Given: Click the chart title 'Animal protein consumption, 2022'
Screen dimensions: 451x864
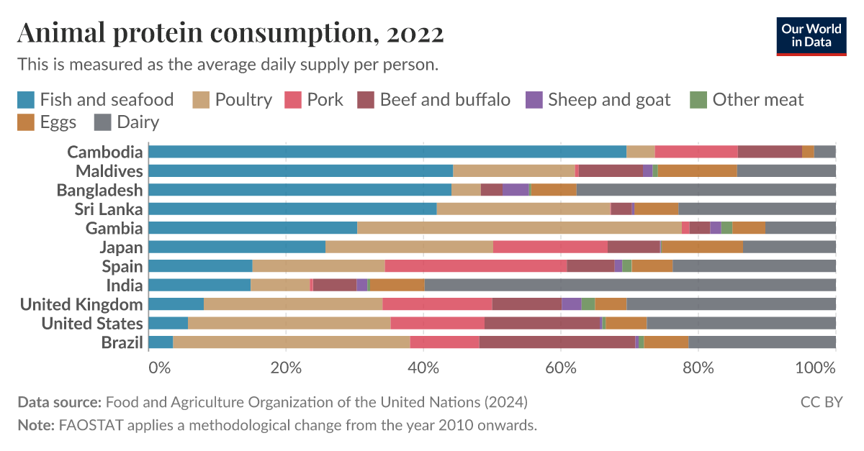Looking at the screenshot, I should pyautogui.click(x=230, y=32).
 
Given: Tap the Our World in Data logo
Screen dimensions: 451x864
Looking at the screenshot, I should pyautogui.click(x=811, y=35).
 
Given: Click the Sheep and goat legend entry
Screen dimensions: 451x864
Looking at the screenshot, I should pyautogui.click(x=598, y=99).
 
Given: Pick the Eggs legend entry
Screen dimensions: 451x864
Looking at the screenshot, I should pyautogui.click(x=48, y=122).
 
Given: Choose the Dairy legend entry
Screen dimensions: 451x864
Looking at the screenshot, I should pyautogui.click(x=127, y=122).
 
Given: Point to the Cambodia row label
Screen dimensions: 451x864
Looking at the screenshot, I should pyautogui.click(x=104, y=152).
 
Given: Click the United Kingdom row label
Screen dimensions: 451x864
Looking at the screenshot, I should pyautogui.click(x=81, y=304).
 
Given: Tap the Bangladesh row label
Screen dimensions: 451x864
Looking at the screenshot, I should pyautogui.click(x=100, y=190).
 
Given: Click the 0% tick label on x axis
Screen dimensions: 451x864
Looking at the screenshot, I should pyautogui.click(x=159, y=368).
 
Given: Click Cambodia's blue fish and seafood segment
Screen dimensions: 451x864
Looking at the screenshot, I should pyautogui.click(x=387, y=152).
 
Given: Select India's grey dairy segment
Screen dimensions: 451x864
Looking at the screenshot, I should pyautogui.click(x=630, y=285).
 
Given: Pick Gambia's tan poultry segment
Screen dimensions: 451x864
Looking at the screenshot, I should pyautogui.click(x=519, y=228).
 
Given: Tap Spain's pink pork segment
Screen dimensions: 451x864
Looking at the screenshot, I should pyautogui.click(x=476, y=266).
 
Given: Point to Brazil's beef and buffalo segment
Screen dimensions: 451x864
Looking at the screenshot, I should pyautogui.click(x=557, y=342).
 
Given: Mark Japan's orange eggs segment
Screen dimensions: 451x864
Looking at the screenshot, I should pyautogui.click(x=702, y=247).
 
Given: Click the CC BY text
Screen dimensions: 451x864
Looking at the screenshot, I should pyautogui.click(x=822, y=401).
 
